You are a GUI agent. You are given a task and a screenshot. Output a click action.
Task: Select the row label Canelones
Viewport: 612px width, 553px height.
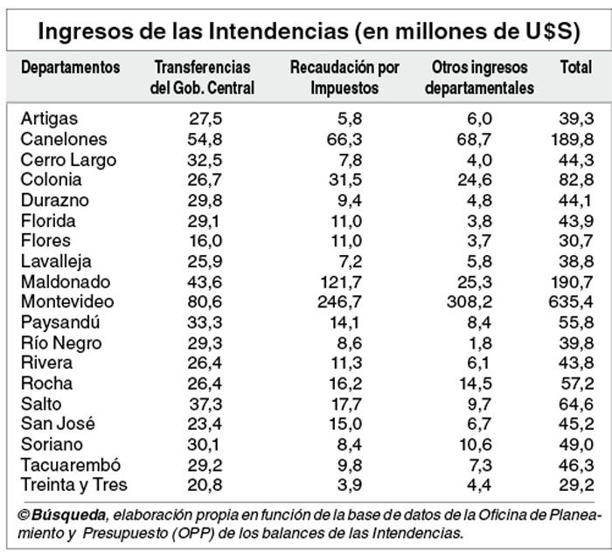click(x=64, y=139)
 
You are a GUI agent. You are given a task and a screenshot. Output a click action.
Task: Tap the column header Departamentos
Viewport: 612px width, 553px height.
click(x=70, y=68)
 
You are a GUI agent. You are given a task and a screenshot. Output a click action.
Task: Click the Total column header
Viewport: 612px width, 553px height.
click(x=574, y=68)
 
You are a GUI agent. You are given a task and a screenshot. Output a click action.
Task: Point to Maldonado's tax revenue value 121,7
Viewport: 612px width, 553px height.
click(x=338, y=281)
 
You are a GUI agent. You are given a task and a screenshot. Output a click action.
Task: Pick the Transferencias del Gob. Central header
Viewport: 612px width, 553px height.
click(x=202, y=78)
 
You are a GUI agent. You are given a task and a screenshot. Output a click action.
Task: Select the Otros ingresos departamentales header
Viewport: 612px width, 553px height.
click(x=483, y=78)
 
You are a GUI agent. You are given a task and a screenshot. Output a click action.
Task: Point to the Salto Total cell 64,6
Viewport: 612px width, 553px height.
click(x=577, y=404)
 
